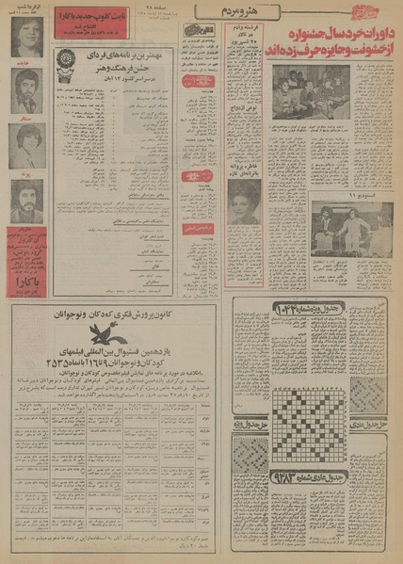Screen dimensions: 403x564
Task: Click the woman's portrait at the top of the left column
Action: point(26,43)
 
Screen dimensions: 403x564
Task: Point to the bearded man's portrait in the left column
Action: point(26,201)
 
